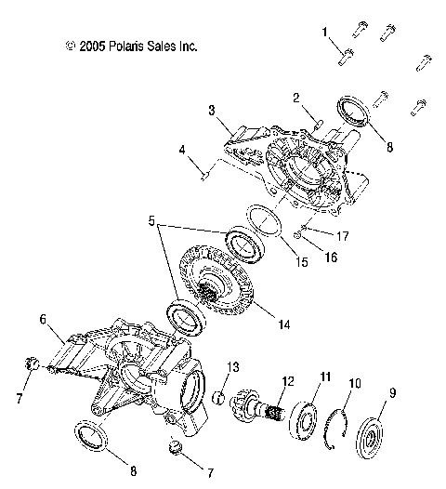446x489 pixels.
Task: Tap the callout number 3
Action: click(x=211, y=111)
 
